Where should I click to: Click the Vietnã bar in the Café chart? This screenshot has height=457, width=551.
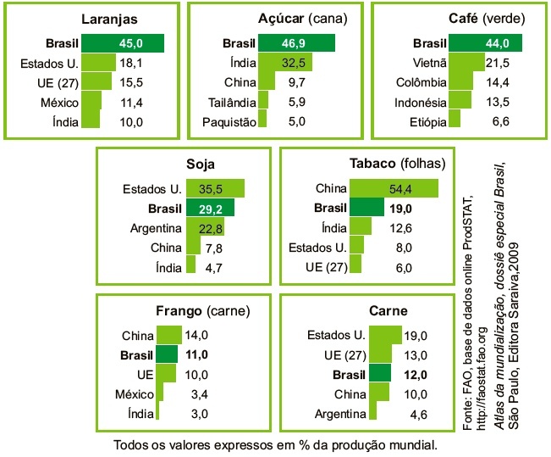[460, 64]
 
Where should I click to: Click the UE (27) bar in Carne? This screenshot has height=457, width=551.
[359, 354]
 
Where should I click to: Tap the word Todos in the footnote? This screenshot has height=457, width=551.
[131, 444]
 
